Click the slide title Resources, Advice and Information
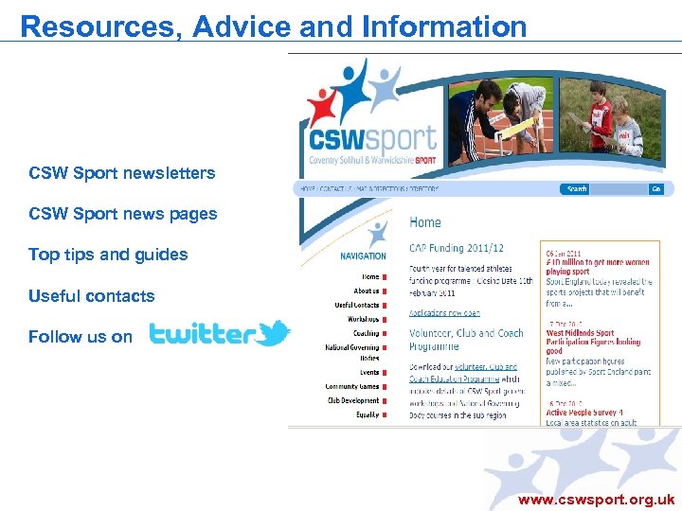click(273, 26)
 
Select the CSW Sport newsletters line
click(121, 173)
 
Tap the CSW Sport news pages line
click(122, 214)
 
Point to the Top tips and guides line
click(108, 255)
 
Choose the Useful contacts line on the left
click(91, 296)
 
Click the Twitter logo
click(219, 334)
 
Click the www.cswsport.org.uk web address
click(596, 499)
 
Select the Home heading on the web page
click(424, 222)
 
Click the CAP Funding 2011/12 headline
click(456, 248)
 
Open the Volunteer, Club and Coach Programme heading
click(465, 339)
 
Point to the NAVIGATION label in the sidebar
click(363, 255)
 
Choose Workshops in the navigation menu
click(365, 319)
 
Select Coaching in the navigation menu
click(366, 333)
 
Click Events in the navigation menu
click(368, 373)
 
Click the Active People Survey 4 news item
click(582, 413)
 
